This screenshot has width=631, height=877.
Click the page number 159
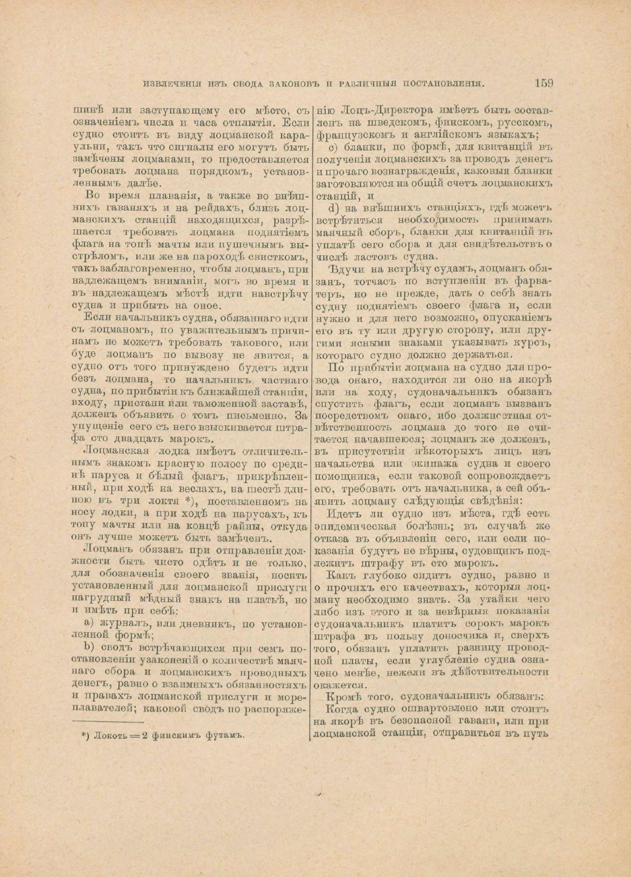pyautogui.click(x=543, y=84)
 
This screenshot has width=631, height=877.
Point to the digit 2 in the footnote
pyautogui.click(x=144, y=735)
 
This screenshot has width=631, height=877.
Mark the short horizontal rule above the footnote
pyautogui.click(x=108, y=722)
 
